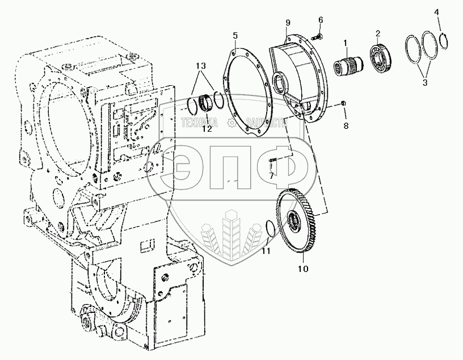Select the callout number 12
pyautogui.click(x=207, y=129)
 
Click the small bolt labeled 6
pyautogui.click(x=318, y=37)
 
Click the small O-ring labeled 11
pyautogui.click(x=272, y=228)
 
